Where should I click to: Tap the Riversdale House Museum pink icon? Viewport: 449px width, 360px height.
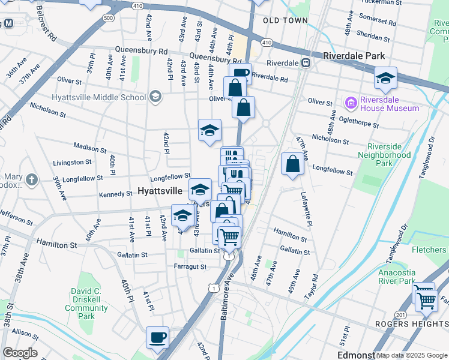(x=350, y=103)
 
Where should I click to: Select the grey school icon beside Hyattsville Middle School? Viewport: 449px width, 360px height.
(x=155, y=97)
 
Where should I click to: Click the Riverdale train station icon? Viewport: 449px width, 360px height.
(x=306, y=62)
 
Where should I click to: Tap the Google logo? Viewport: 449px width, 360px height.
(x=20, y=352)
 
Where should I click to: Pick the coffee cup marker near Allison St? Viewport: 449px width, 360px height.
(x=157, y=337)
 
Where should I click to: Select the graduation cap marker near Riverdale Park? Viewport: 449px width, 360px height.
(x=385, y=78)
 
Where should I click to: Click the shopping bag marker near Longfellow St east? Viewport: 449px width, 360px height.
(x=292, y=163)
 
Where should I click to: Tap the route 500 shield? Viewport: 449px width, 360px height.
(x=108, y=18)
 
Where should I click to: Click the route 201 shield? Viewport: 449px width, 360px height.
(x=400, y=315)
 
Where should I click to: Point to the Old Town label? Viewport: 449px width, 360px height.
(x=281, y=20)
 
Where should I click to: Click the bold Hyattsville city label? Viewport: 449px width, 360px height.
(x=160, y=191)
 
